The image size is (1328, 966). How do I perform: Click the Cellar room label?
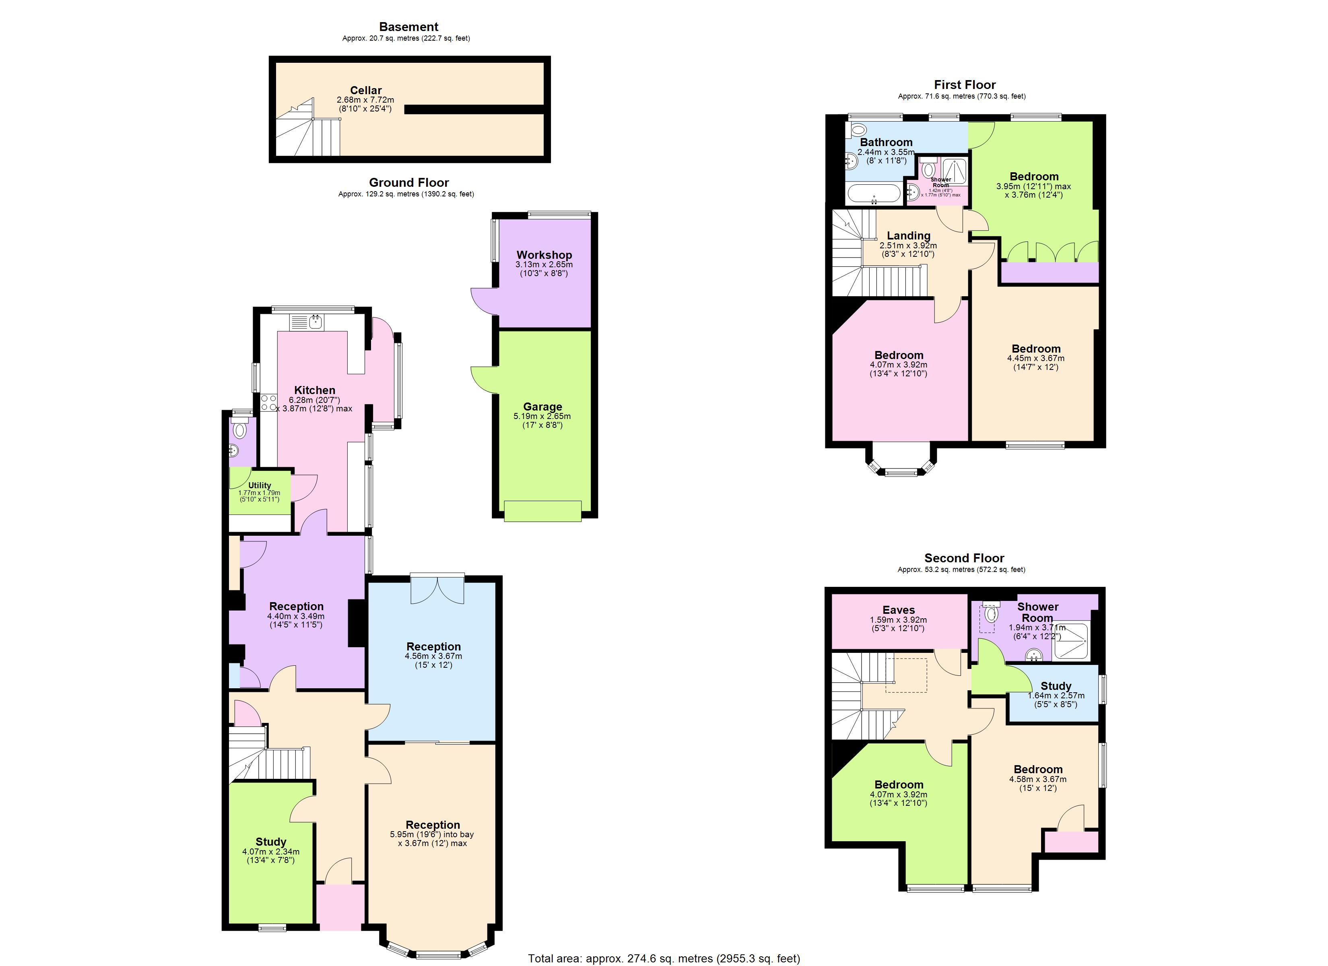[x=365, y=90]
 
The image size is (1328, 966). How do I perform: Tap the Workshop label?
[x=544, y=255]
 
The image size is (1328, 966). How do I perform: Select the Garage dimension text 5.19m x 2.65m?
[x=542, y=416]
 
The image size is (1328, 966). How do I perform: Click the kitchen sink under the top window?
[x=316, y=322]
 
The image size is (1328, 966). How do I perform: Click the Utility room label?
[x=260, y=485]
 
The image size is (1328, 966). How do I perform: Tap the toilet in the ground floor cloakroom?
[x=239, y=431]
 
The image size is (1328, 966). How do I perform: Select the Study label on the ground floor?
[x=270, y=841]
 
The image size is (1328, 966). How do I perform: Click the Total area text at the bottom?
[x=664, y=958]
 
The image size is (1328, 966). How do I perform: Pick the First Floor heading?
[x=964, y=85]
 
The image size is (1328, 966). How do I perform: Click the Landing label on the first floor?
[x=908, y=235]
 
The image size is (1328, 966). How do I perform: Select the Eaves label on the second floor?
[x=898, y=610]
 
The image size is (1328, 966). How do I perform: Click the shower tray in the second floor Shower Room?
[x=1070, y=642]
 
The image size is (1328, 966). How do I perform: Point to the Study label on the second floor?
[x=1056, y=685]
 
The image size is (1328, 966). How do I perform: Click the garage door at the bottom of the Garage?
[x=542, y=511]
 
